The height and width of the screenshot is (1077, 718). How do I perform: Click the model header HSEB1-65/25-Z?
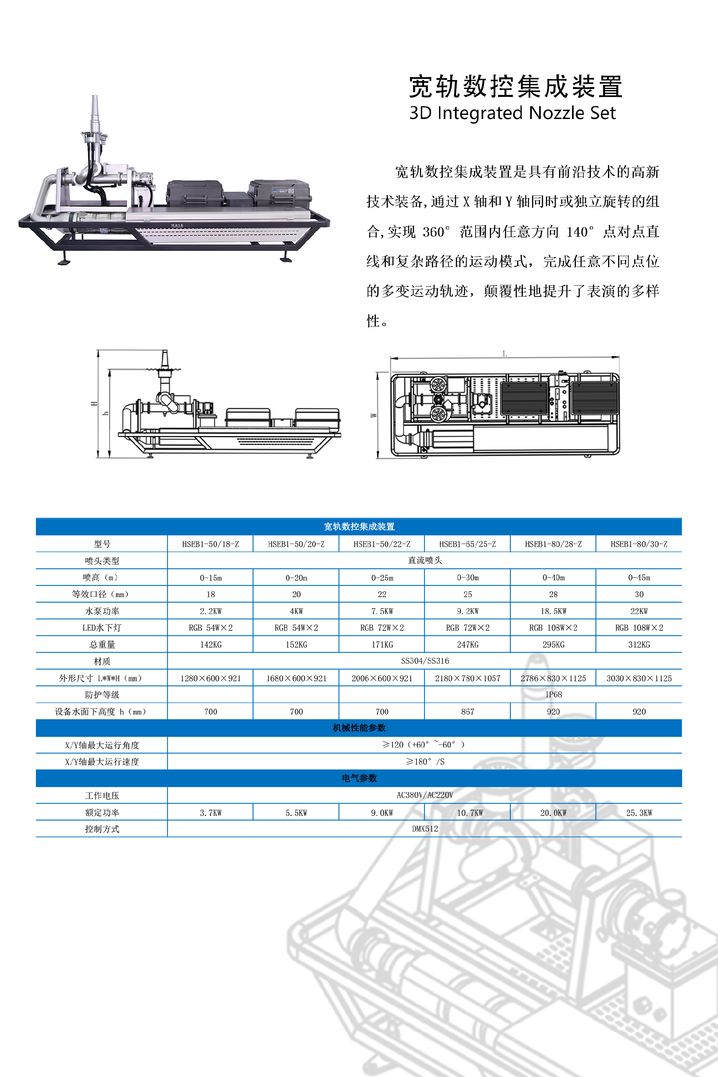[x=467, y=544]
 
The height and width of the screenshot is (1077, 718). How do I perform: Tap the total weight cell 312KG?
[x=639, y=645]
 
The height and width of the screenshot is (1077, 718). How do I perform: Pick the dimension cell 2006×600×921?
[x=382, y=678]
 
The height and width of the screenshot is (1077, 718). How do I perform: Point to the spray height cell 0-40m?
[x=553, y=578]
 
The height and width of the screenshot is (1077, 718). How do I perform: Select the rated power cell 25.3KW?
[x=639, y=813]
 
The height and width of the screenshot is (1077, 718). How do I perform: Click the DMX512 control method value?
[x=424, y=829]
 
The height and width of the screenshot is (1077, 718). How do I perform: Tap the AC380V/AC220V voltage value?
[x=424, y=795]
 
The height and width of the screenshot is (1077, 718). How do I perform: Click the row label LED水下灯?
[x=102, y=628]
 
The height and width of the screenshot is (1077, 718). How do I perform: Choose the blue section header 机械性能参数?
[x=359, y=728]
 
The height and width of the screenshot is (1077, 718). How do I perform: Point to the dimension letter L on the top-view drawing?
[x=504, y=353]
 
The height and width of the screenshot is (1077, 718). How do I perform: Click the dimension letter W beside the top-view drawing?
[x=373, y=415]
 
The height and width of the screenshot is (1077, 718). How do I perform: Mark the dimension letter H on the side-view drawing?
[x=94, y=404]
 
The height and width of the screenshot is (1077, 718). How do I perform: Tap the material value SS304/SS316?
[x=424, y=661]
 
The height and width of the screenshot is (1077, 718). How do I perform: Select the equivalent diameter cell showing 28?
[x=553, y=594]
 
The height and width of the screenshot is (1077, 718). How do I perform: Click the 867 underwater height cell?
[x=467, y=712]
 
